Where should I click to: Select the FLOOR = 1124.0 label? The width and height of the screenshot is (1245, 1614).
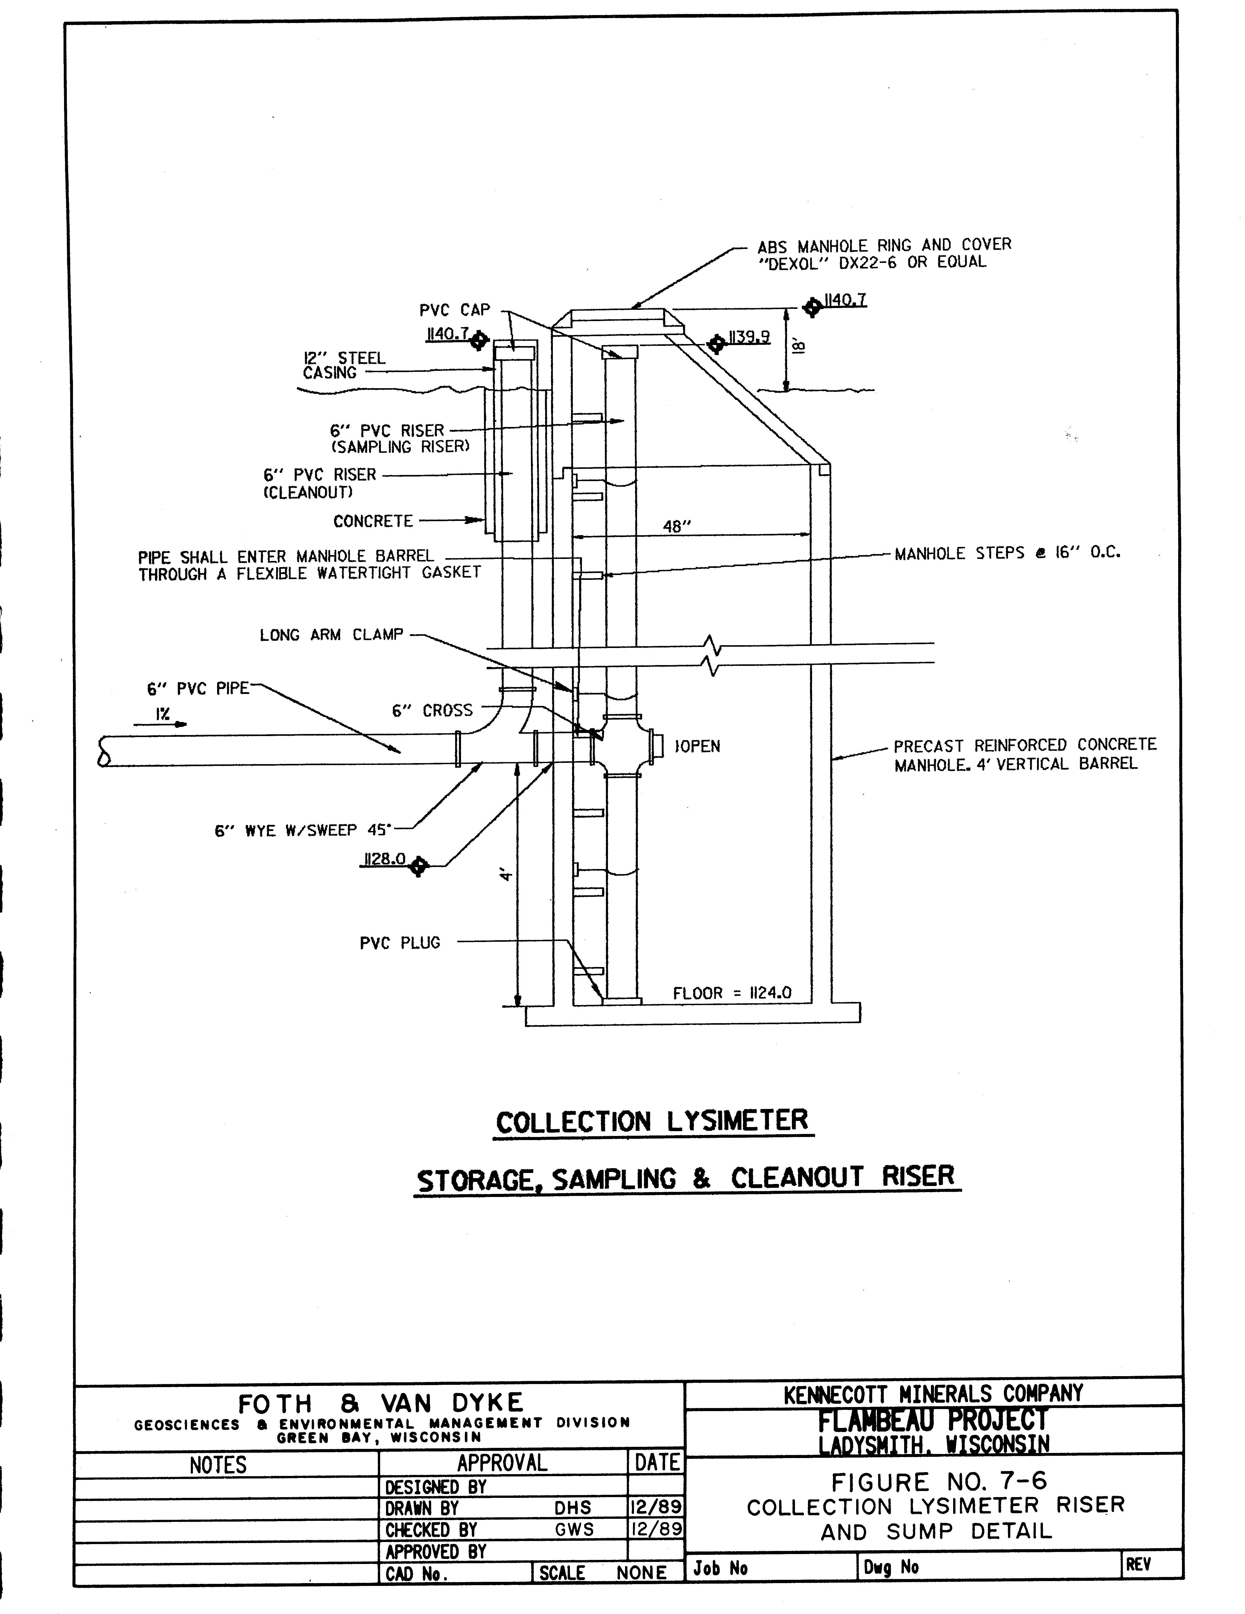coord(731,993)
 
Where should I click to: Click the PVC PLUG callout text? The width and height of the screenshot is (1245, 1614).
coord(400,943)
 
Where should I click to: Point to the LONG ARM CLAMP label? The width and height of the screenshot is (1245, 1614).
coord(332,635)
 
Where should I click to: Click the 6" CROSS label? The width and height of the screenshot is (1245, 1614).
coord(432,711)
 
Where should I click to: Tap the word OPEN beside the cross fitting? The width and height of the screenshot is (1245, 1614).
coord(698,747)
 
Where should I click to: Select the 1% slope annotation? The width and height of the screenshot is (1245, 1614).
coord(163,714)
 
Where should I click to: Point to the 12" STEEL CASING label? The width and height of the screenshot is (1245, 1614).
coord(344,365)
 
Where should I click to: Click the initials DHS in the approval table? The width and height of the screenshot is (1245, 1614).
coord(573,1508)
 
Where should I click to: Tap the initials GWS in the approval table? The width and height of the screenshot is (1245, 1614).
coord(574,1529)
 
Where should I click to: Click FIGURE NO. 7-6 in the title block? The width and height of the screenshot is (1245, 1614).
coord(939,1483)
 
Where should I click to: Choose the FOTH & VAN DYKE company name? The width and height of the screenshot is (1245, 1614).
coord(381,1403)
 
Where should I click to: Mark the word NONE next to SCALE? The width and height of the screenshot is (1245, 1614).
coord(641,1573)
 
